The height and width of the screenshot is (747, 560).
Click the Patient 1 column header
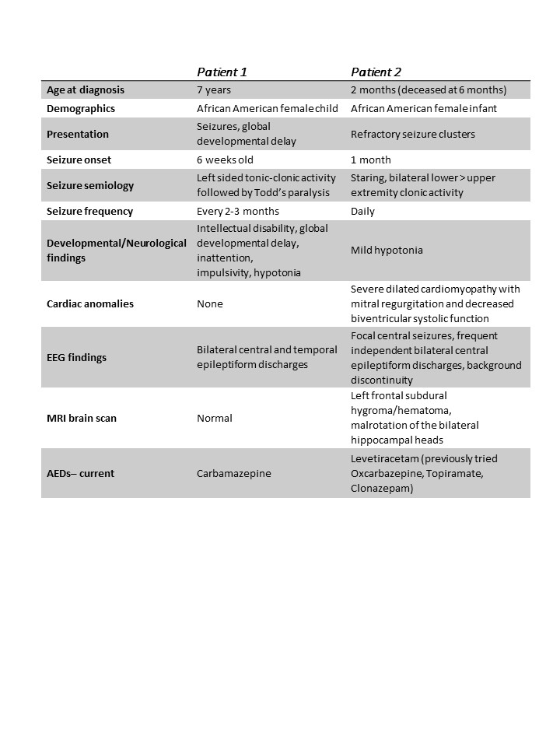click(222, 72)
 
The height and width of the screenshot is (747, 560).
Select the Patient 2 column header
click(376, 72)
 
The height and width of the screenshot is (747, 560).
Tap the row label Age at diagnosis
click(86, 90)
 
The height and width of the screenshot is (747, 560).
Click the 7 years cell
click(215, 90)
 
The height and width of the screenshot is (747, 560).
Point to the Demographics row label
click(81, 108)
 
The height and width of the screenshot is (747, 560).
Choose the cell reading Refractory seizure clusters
click(412, 134)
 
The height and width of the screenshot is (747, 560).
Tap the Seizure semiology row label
click(90, 185)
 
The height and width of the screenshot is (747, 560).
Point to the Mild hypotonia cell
click(386, 251)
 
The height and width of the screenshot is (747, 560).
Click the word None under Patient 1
click(210, 303)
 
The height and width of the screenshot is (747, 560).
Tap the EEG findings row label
click(77, 357)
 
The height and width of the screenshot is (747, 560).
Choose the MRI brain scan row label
click(82, 418)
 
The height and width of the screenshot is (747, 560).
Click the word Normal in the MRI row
click(215, 418)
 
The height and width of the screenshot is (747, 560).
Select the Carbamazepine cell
click(234, 473)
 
